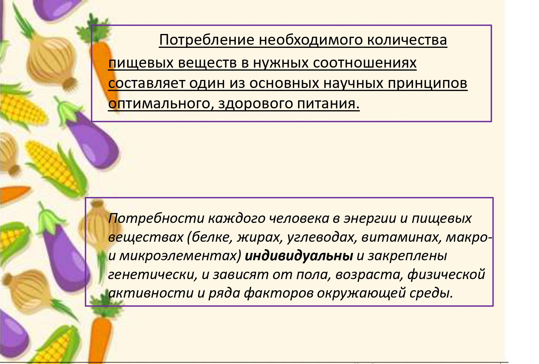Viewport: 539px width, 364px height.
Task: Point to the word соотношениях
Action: [x=365, y=63]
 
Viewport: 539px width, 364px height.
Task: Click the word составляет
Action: [x=146, y=83]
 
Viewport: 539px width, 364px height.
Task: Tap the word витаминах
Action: [x=402, y=237]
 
